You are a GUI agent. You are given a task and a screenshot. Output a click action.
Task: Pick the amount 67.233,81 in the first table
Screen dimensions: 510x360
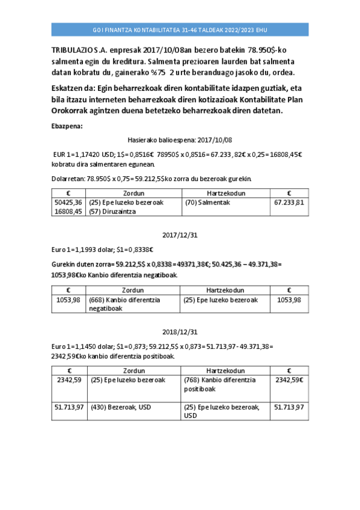click(289, 202)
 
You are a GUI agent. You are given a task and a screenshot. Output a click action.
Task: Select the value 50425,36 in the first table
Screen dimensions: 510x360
click(68, 202)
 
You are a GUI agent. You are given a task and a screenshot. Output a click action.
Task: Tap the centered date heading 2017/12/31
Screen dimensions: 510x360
click(180, 235)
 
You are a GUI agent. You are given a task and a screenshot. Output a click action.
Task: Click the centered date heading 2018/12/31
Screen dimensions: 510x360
click(180, 331)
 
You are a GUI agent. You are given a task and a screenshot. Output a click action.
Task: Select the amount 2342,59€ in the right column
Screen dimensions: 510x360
click(289, 379)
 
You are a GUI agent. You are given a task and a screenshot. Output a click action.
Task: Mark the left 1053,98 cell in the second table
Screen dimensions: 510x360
click(68, 300)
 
